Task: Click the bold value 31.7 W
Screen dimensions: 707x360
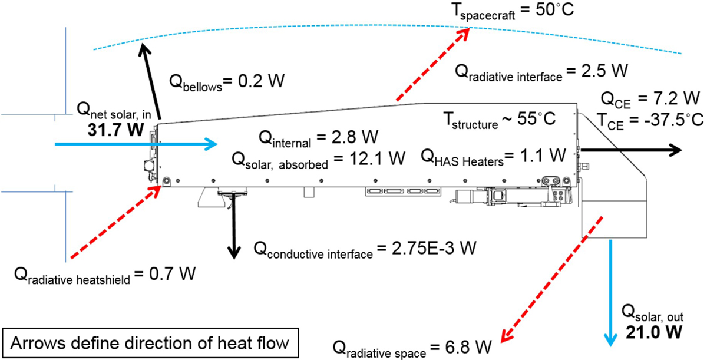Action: pos(115,130)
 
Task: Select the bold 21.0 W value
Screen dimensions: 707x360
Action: pos(654,332)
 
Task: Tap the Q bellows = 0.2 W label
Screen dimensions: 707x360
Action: pos(227,82)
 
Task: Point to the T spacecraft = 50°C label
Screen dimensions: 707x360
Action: pos(513,11)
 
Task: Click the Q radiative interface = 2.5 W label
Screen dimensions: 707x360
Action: pos(541,72)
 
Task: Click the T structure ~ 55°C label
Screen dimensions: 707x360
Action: pos(500,120)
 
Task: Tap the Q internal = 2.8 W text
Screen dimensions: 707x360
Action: pos(319,139)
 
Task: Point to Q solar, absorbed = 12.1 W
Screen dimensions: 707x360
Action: pos(319,160)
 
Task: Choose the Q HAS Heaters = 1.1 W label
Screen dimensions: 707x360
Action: pos(494,157)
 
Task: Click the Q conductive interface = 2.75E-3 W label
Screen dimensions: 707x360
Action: pos(365,250)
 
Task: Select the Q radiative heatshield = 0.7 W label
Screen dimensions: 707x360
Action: pos(105,275)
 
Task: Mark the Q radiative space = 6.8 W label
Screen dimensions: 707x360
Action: pos(412,349)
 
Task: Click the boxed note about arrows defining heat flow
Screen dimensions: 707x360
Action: pos(150,344)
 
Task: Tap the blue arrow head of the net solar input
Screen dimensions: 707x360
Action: pos(211,144)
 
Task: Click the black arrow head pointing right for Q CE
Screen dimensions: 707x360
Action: pos(675,150)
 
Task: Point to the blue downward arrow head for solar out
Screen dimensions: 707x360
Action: pos(611,340)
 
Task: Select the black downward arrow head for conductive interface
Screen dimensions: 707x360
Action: pos(234,253)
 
